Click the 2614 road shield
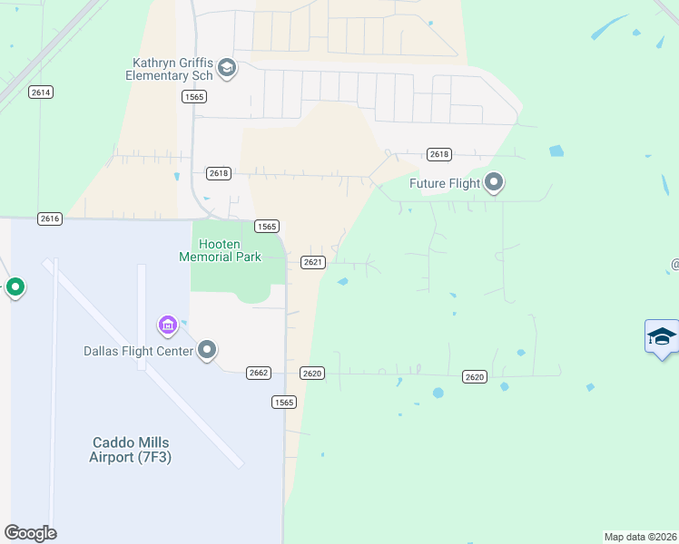point(41,92)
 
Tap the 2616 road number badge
point(50,219)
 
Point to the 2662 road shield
point(259,373)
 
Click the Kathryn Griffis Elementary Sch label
point(172,69)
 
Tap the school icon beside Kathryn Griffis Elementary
point(226,68)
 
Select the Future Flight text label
point(445,184)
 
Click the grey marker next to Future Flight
point(495,183)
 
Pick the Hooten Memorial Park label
point(221,251)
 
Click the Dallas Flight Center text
point(138,351)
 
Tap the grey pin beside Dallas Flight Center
point(208,350)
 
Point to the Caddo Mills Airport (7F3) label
point(131,450)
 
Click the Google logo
point(30,532)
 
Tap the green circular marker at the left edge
point(15,288)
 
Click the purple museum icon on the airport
point(167,324)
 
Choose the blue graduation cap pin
point(662,336)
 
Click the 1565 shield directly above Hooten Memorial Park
point(267,227)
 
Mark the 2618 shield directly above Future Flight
point(439,154)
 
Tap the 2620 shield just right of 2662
point(312,374)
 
